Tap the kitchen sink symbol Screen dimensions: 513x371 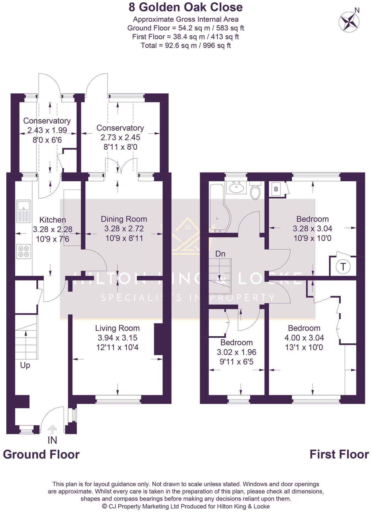click(23, 211)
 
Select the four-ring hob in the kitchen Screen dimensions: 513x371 click(23, 251)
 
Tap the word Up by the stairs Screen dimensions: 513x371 click(25, 365)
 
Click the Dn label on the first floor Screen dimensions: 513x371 click(220, 254)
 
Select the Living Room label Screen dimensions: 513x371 click(117, 328)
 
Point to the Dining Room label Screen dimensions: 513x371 click(124, 219)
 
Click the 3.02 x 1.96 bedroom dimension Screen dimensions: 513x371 click(237, 352)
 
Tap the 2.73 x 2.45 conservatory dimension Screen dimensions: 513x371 click(120, 137)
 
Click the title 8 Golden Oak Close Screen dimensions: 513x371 click(185, 7)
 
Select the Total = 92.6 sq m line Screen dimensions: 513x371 click(185, 45)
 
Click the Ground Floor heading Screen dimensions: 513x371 click(41, 454)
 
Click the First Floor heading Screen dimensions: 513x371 click(339, 454)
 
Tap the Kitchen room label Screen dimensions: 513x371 click(53, 220)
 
